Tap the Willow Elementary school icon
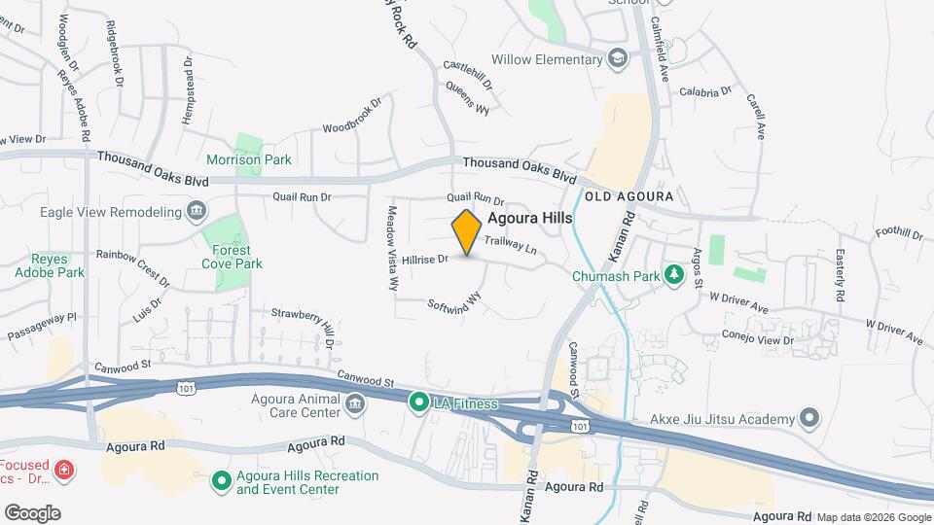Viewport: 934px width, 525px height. pos(616,59)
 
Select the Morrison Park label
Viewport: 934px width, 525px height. pos(249,159)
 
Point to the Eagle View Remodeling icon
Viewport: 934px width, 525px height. pos(196,211)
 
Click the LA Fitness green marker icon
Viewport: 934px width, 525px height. pos(419,402)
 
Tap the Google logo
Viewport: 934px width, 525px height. pos(32,512)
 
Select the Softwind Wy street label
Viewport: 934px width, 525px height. pos(454,302)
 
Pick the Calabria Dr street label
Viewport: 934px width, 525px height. pos(705,91)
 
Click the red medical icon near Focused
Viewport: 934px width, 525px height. pos(65,471)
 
